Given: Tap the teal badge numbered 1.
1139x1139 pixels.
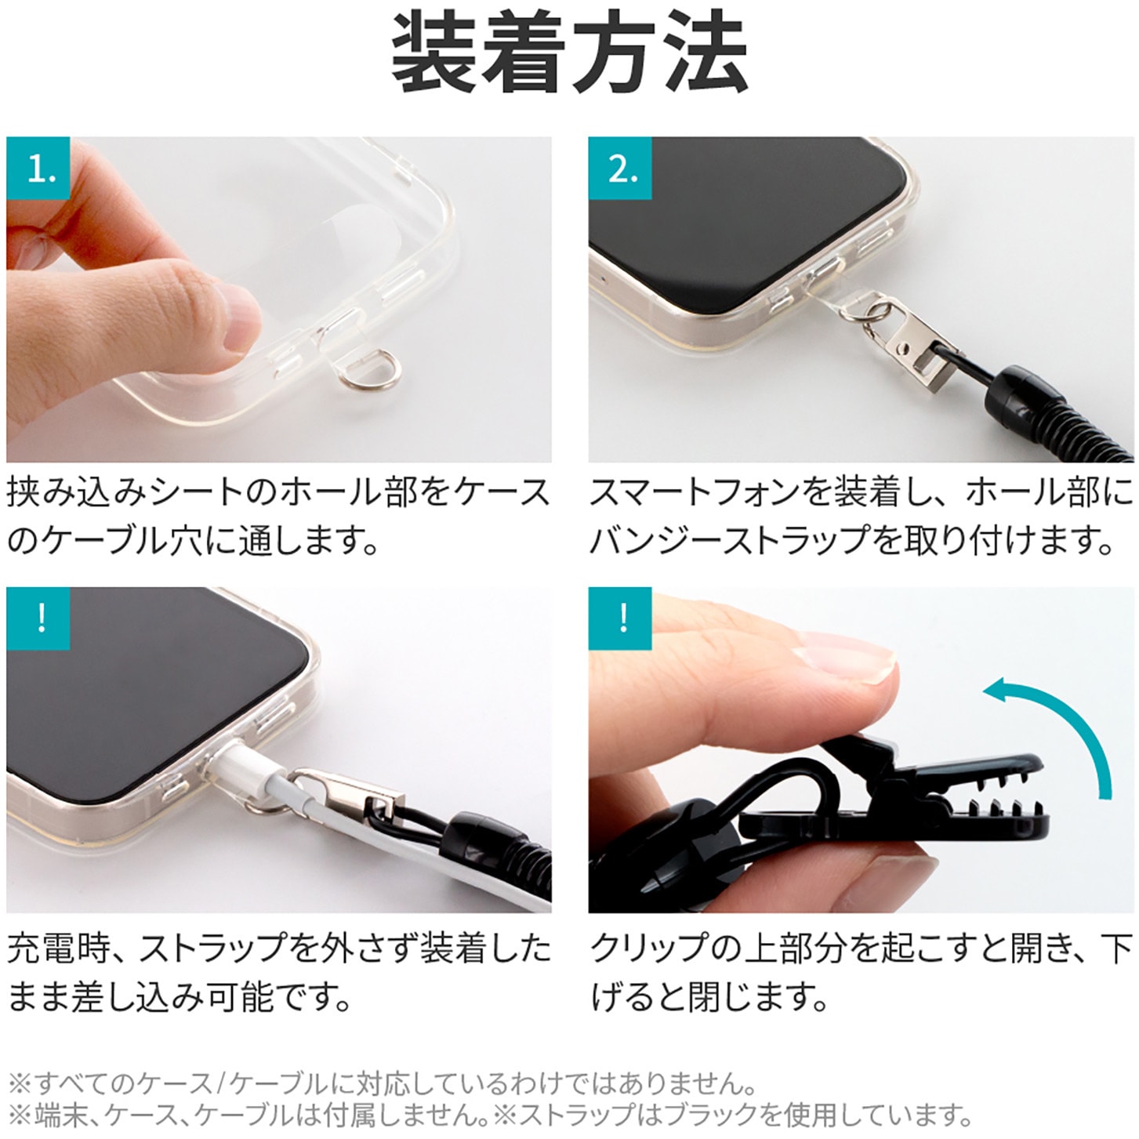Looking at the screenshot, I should click(x=38, y=168).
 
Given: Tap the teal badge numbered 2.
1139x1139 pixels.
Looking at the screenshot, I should click(x=620, y=168).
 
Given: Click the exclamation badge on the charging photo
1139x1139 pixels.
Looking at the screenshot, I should click(x=38, y=618).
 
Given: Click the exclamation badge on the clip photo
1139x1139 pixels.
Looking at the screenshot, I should click(x=620, y=618).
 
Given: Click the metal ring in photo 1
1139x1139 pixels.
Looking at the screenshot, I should click(x=371, y=374).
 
